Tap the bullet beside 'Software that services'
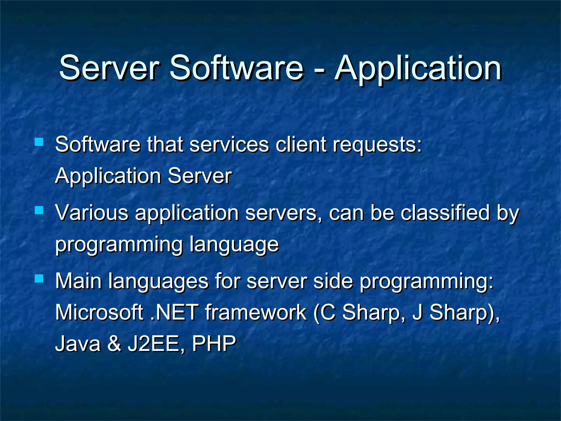39,142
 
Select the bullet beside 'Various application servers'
39,210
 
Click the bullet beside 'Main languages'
39,279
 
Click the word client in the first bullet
301,144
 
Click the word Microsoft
99,312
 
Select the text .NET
174,312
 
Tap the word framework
256,312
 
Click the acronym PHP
214,344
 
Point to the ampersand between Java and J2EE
114,344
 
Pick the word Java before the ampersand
78,344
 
